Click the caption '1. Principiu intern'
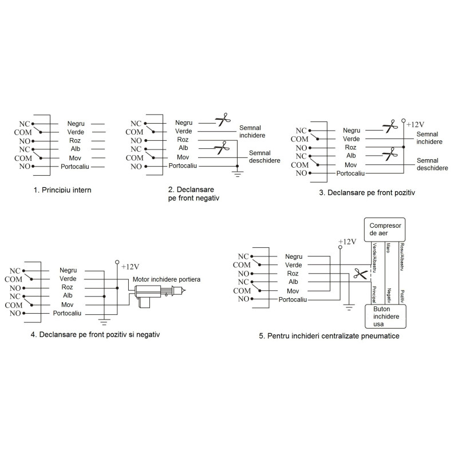coord(63,188)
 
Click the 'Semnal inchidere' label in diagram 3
coord(429,137)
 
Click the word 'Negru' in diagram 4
coord(68,270)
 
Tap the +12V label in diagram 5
coord(348,242)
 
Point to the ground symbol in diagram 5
coord(348,308)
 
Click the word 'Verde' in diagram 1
coord(76,132)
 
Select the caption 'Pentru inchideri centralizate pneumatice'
coord(329,336)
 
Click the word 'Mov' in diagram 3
coord(351,164)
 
